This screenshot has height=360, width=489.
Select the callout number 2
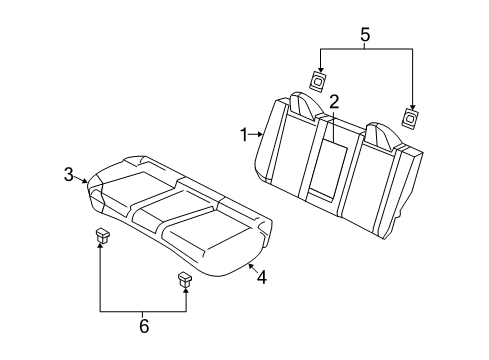point(334,101)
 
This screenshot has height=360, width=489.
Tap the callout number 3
point(68,175)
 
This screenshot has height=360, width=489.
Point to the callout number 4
point(261,277)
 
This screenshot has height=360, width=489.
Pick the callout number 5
point(365,37)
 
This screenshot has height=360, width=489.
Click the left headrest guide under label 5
point(318,82)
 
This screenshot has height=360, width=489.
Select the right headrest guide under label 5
point(410,116)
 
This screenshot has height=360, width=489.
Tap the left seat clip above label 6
point(102,237)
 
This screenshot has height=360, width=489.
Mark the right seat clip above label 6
point(185,279)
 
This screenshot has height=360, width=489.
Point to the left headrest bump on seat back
point(302,103)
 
